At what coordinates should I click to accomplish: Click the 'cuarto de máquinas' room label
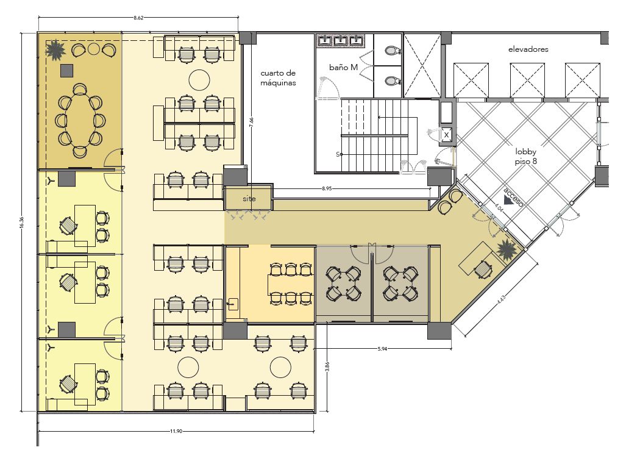tap(278, 78)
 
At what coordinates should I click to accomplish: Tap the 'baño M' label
tap(343, 67)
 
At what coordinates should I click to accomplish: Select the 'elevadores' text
tap(528, 49)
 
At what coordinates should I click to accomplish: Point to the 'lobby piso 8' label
tap(525, 156)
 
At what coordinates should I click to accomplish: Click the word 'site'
tap(249, 198)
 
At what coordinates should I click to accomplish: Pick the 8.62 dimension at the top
tap(138, 18)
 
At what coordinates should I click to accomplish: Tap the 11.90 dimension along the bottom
tap(176, 431)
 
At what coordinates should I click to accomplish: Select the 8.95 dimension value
tap(327, 188)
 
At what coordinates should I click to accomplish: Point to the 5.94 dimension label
tap(382, 349)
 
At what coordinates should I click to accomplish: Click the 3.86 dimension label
tap(327, 366)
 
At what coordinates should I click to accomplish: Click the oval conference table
tap(80, 120)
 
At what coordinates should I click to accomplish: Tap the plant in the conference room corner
tap(55, 49)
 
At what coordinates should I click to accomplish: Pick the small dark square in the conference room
tap(66, 71)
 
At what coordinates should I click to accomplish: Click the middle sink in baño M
tap(340, 40)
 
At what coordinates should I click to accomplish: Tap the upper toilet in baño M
tap(392, 51)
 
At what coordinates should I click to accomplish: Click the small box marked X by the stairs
tap(446, 135)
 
